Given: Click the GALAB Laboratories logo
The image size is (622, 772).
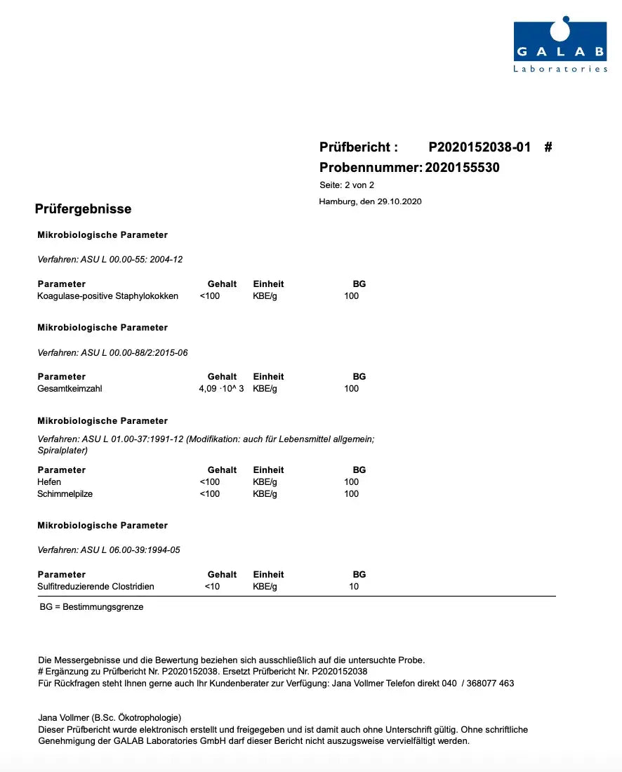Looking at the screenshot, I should (x=560, y=46).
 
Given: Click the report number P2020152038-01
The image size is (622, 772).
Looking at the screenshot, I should (x=479, y=147).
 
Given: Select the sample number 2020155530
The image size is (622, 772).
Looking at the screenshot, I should (x=462, y=168).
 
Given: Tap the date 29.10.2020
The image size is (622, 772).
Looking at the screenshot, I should (x=398, y=201).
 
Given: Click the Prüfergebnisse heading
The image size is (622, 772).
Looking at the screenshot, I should (x=83, y=209).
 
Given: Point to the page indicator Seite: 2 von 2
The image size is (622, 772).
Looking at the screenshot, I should (x=347, y=185).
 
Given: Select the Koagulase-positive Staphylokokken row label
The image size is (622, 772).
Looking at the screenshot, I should (x=107, y=296).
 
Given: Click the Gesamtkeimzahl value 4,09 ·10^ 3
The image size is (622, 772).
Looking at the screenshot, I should (x=221, y=389).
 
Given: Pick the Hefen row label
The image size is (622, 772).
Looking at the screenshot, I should (x=49, y=482).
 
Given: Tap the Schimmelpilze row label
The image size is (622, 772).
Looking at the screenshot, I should (x=65, y=494).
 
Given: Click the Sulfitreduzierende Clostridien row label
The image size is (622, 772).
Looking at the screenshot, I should (x=95, y=587).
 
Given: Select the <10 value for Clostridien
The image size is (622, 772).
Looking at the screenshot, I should (x=212, y=587).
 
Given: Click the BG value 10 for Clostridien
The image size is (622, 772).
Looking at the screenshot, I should (x=354, y=587).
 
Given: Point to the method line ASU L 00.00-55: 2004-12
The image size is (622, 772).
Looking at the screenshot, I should (x=110, y=260).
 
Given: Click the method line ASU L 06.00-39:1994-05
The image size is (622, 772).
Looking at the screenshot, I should (x=109, y=550).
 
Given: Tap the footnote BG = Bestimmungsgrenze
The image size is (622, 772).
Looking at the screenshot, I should (x=91, y=607).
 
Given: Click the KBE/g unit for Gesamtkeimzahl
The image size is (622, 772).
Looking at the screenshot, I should (x=265, y=389).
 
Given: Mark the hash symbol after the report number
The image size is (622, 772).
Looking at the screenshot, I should (x=548, y=147).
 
